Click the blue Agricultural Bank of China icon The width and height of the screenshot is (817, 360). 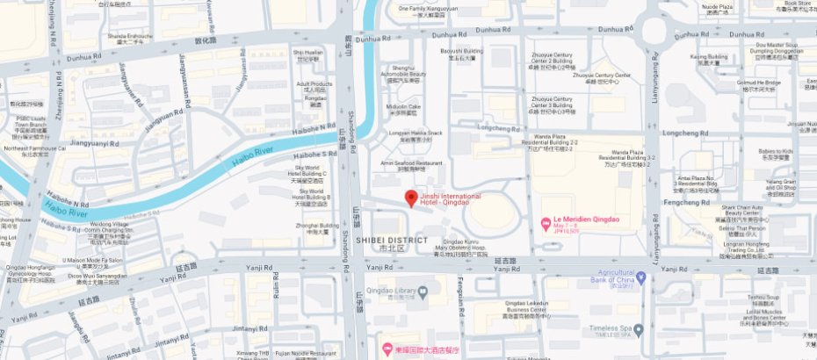(x=640, y=277)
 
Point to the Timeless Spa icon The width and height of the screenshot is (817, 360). (x=639, y=329)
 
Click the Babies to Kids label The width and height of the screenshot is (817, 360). (x=776, y=154)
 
